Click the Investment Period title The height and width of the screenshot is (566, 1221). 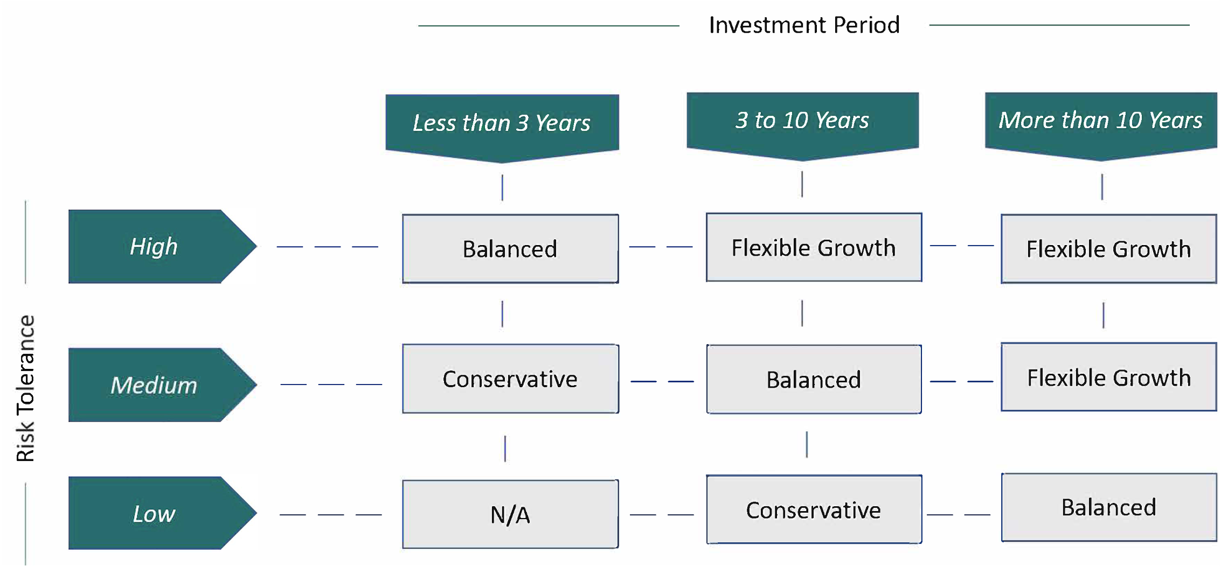point(804,25)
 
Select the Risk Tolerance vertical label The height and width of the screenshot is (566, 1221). point(25,388)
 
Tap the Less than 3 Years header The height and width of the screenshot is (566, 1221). point(502,128)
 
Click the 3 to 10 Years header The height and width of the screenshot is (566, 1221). point(803,126)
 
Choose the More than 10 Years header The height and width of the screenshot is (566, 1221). point(1101,126)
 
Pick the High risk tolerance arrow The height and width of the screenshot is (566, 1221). point(162,246)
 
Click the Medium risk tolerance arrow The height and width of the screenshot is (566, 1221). point(162,385)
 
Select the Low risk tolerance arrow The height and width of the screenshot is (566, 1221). point(162,513)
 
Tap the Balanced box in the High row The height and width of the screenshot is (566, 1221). point(510,249)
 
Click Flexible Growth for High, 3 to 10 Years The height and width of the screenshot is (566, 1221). point(814,247)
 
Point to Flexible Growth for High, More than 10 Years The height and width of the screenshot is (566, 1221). point(1109,249)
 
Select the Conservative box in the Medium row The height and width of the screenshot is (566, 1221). point(510,379)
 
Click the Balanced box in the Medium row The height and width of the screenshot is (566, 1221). point(814,379)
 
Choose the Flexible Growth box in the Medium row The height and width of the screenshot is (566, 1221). point(1109,377)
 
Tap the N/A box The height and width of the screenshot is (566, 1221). point(510,514)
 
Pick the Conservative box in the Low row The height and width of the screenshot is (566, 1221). point(814,509)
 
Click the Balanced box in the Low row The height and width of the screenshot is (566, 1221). point(1109,507)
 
